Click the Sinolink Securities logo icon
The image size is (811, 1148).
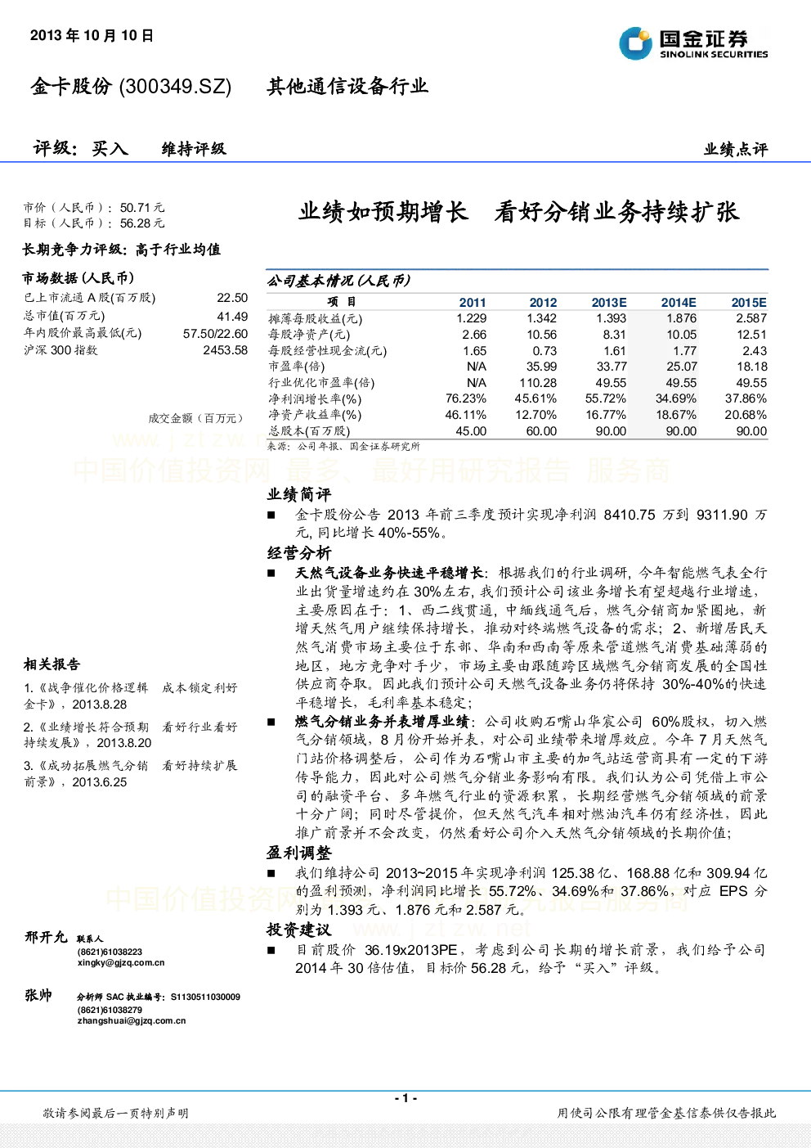tap(635, 43)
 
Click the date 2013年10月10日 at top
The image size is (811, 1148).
tap(92, 35)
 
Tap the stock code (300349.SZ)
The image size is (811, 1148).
tap(175, 87)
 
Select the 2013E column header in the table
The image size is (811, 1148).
tap(609, 303)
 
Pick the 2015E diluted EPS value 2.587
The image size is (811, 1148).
tap(751, 318)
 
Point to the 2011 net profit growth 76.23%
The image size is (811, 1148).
tap(466, 398)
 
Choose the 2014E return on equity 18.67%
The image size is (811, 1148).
tap(676, 415)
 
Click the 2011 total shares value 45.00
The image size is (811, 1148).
tap(471, 431)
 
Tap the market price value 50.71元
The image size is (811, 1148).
tap(142, 208)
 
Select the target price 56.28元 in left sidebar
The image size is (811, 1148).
tap(142, 223)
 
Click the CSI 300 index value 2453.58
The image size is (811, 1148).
tap(226, 350)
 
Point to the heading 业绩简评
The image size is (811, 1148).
tap(299, 494)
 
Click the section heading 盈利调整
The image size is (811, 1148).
tap(299, 853)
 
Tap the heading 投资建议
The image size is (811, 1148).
tap(299, 930)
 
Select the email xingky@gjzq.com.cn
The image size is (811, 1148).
tap(121, 962)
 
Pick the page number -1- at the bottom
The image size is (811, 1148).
tap(406, 1098)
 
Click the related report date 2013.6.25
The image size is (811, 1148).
tap(99, 782)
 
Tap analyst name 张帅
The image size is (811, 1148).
tap(38, 995)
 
